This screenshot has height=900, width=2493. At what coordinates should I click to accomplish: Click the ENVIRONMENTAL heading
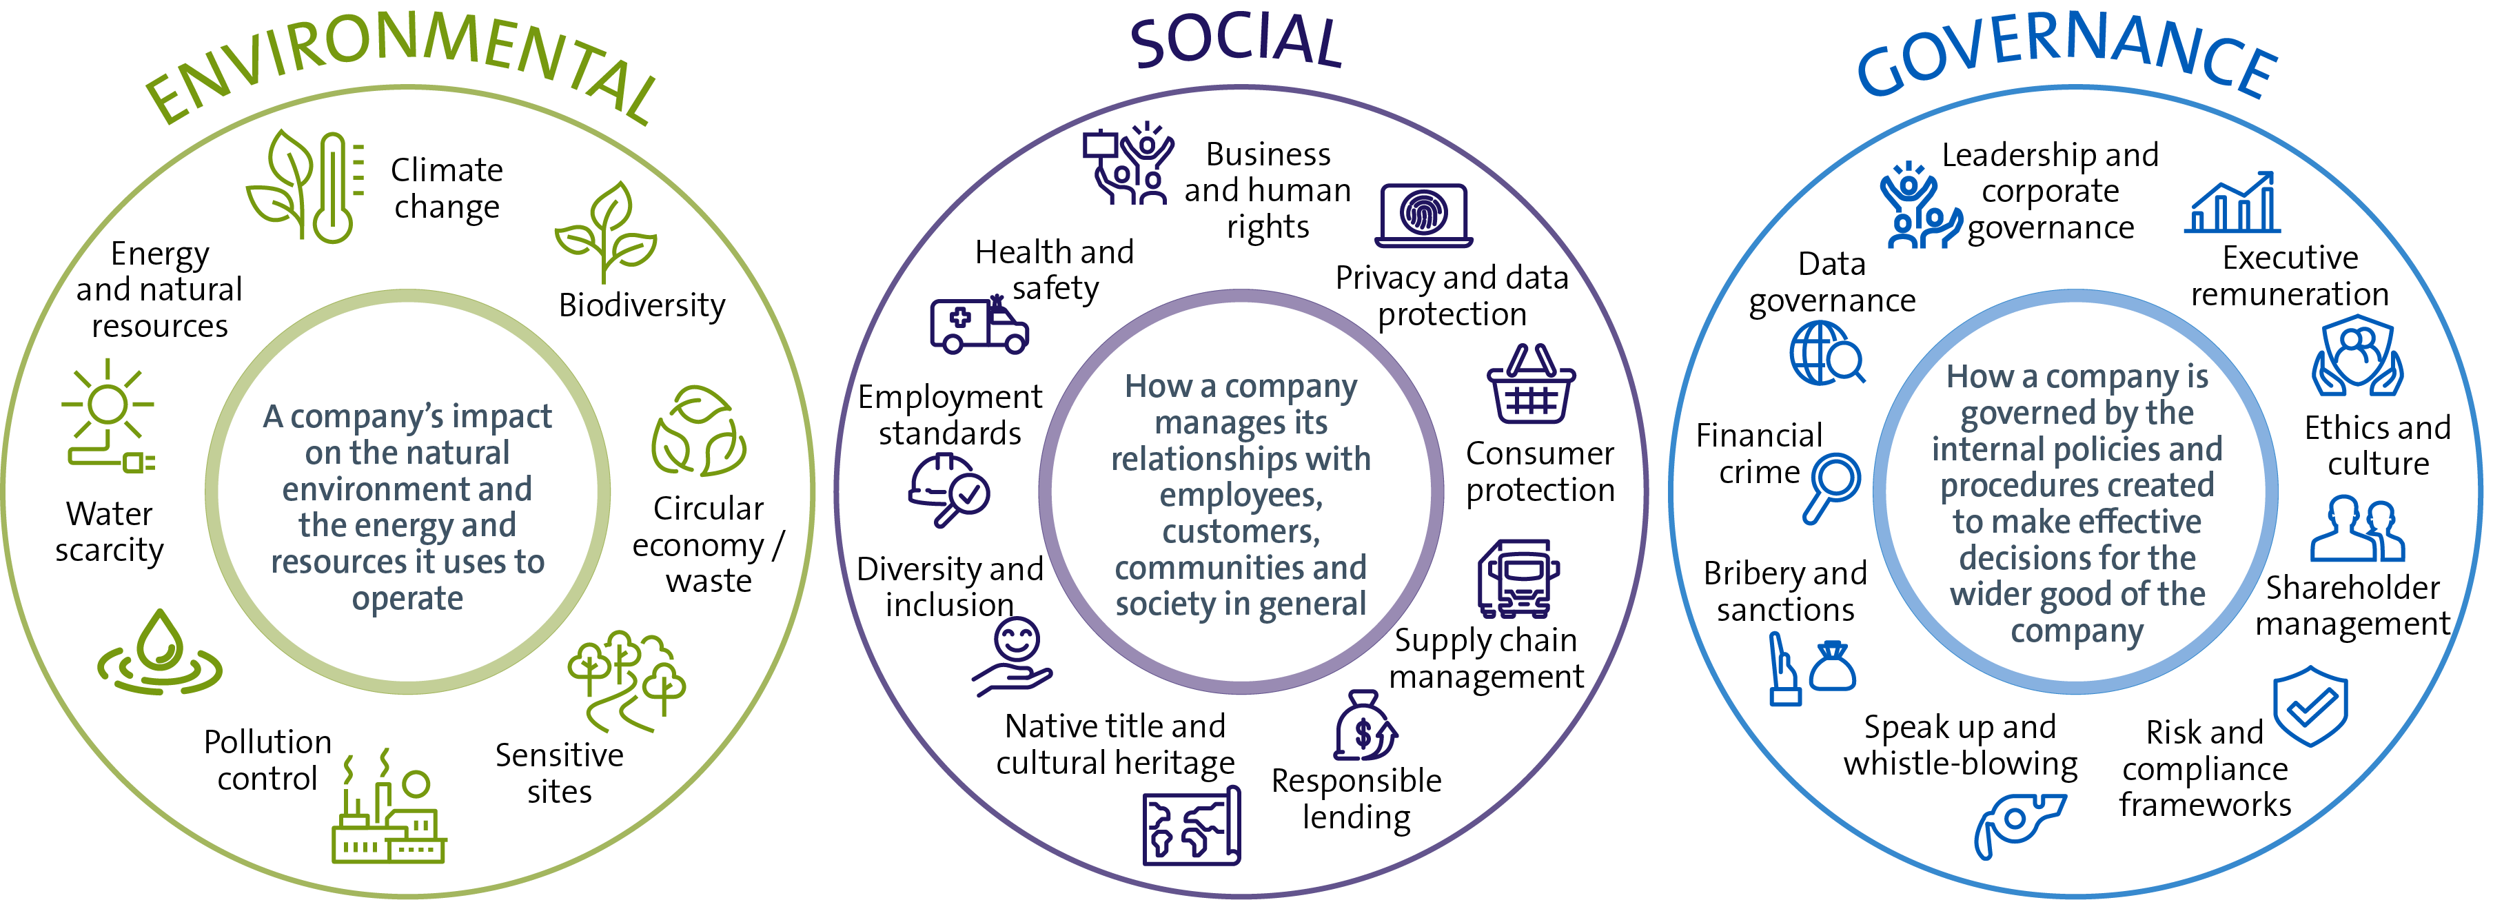coord(402,68)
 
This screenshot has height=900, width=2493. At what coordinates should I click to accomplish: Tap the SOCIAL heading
coord(1237,43)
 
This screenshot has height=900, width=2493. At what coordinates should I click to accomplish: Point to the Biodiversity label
coord(642,306)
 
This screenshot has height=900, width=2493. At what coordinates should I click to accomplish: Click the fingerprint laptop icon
coord(1423,215)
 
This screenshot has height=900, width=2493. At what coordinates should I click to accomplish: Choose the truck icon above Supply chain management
coord(1518,579)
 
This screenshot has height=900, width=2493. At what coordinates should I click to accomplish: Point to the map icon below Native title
coord(1191,828)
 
